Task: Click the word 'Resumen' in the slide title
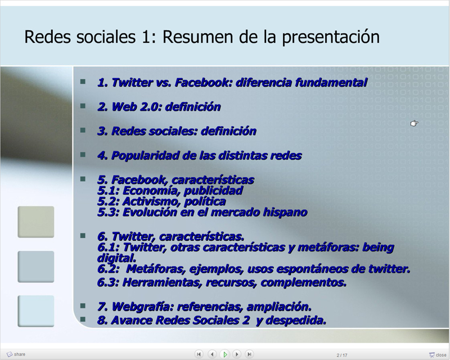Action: coord(199,37)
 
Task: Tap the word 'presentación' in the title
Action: coord(331,37)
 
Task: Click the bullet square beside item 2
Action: coord(83,106)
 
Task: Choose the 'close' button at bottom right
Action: coord(438,355)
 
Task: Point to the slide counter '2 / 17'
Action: coord(342,355)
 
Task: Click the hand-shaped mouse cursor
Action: coord(414,123)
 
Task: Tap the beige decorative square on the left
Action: coord(36,222)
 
